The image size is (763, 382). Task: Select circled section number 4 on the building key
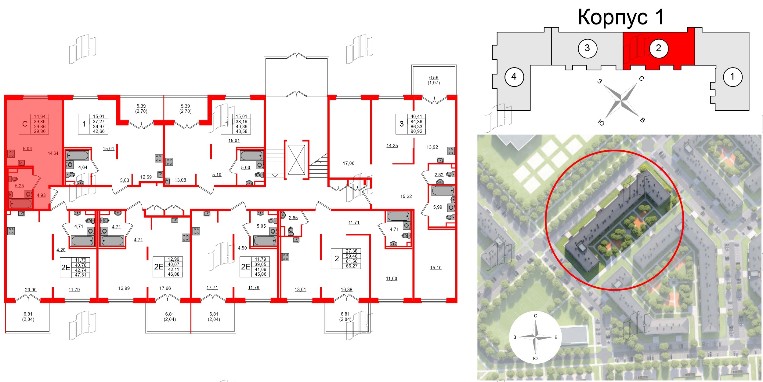[514, 77]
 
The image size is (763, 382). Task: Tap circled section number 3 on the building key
[587, 48]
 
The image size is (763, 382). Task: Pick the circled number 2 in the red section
[658, 48]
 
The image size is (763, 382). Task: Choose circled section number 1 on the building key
[732, 77]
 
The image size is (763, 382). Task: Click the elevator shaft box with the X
[296, 160]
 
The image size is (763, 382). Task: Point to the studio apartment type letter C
[25, 124]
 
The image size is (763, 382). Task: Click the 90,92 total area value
[417, 131]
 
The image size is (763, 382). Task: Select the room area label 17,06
[349, 163]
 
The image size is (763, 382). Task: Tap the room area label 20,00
[31, 290]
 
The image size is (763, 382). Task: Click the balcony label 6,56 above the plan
[434, 78]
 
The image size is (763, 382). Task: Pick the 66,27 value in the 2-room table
[352, 266]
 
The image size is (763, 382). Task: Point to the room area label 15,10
[436, 268]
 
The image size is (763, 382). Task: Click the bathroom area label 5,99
[438, 207]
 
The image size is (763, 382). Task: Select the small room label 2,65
[293, 218]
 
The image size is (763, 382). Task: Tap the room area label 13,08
[180, 180]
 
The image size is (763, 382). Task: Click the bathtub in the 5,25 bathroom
[21, 204]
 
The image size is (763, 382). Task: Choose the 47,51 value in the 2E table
[81, 275]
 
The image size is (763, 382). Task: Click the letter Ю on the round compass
[535, 358]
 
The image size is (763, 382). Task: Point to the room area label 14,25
[392, 146]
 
